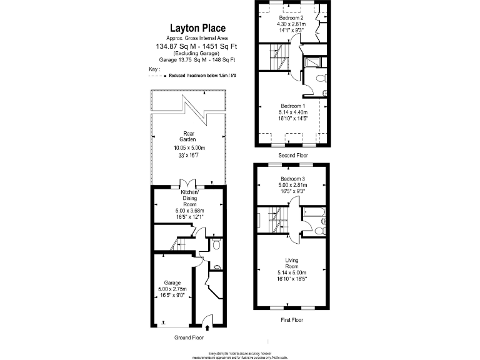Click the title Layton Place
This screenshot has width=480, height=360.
click(x=198, y=27)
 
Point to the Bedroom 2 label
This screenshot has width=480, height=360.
click(x=291, y=18)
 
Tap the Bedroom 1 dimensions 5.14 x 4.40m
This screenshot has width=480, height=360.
click(x=291, y=112)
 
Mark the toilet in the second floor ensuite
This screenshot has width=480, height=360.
click(x=321, y=79)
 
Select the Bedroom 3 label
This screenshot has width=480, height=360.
click(x=291, y=179)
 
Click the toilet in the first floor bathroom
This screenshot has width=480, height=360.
click(x=319, y=231)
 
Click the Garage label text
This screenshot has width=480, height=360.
click(x=172, y=282)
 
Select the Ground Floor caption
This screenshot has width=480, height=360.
click(x=188, y=337)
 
